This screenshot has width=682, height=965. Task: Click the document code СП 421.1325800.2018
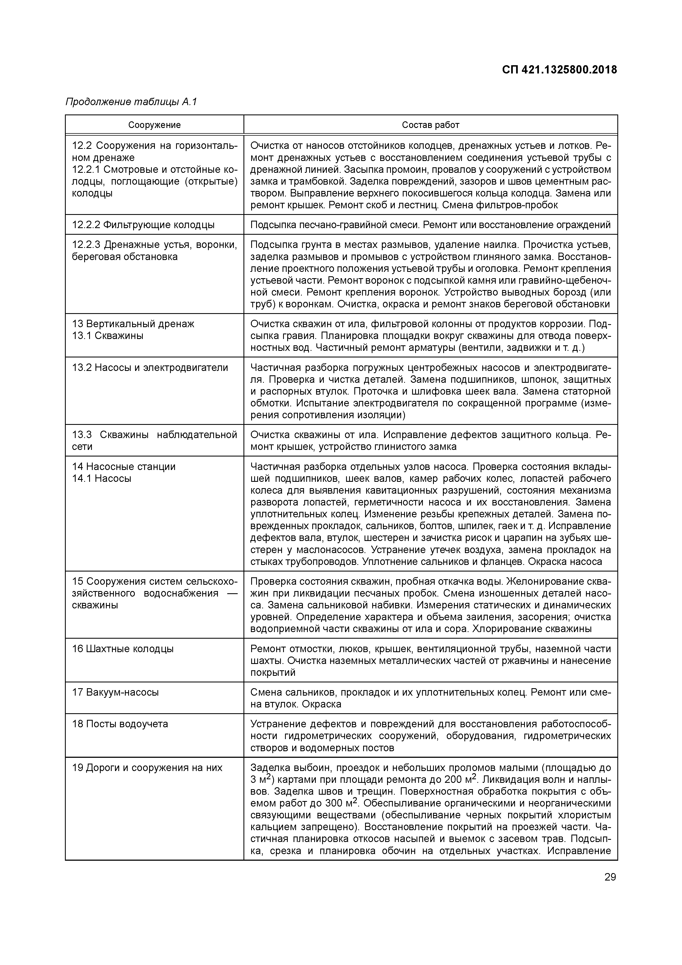(x=559, y=70)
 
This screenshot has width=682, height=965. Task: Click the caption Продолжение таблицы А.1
(x=131, y=102)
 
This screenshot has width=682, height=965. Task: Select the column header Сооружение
(x=154, y=125)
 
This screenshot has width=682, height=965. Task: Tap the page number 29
(x=610, y=877)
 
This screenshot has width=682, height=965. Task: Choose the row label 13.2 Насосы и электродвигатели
(x=150, y=368)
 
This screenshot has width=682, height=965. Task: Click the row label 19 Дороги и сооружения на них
(x=147, y=767)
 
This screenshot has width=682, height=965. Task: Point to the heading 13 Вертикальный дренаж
(x=133, y=324)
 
